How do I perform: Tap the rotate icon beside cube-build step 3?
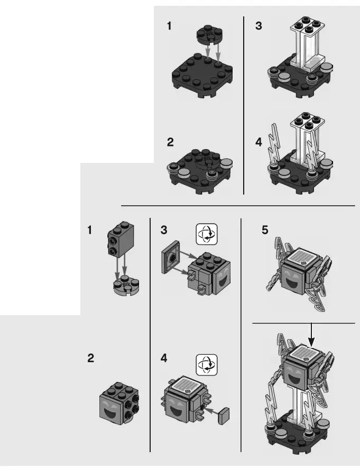(x=207, y=234)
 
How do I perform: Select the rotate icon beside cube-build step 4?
(x=207, y=364)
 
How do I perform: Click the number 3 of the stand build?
(x=258, y=25)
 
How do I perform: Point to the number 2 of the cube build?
(x=91, y=359)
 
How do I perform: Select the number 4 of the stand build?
(x=259, y=142)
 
